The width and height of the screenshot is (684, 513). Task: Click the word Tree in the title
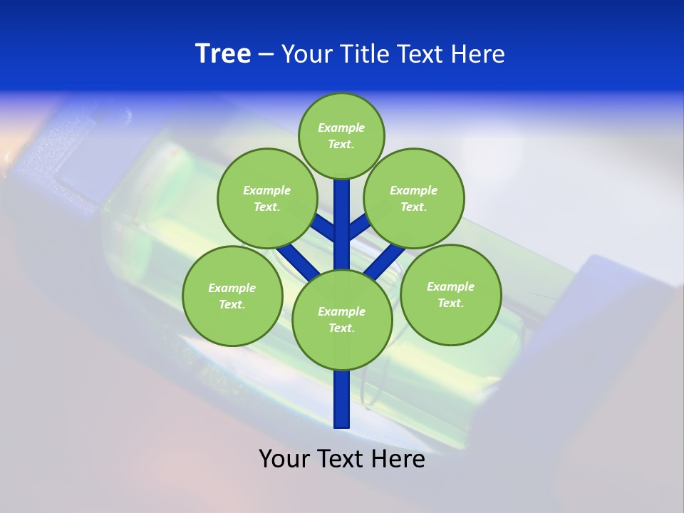pyautogui.click(x=223, y=54)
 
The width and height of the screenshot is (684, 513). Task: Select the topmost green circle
pyautogui.click(x=341, y=135)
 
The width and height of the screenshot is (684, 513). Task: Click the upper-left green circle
pyautogui.click(x=266, y=198)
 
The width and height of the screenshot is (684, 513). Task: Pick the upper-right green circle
pyautogui.click(x=413, y=198)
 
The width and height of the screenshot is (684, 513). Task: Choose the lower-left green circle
pyautogui.click(x=232, y=296)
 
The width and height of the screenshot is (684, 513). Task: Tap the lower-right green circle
pyautogui.click(x=450, y=294)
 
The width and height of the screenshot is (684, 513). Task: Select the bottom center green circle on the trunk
pyautogui.click(x=341, y=319)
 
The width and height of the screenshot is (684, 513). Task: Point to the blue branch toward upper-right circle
pyautogui.click(x=358, y=227)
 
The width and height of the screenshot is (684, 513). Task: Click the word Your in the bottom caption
pyautogui.click(x=284, y=459)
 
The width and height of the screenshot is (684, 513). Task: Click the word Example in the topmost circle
pyautogui.click(x=341, y=128)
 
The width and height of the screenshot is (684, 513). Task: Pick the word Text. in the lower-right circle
pyautogui.click(x=450, y=303)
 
